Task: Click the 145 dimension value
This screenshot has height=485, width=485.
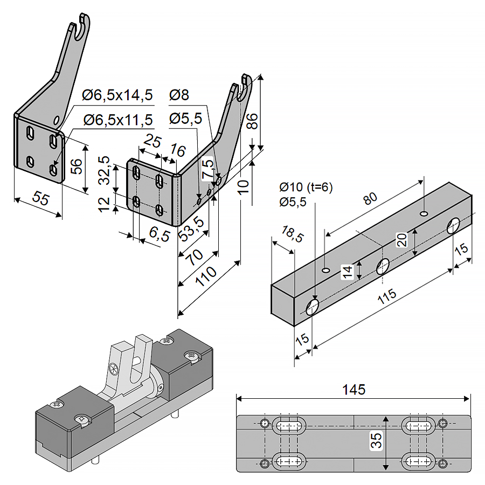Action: coord(354,389)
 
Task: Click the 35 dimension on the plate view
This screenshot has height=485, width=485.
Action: coord(378,441)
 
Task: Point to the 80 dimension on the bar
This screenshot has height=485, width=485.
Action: coord(370,199)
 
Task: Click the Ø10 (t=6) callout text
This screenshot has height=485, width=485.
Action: coord(306,188)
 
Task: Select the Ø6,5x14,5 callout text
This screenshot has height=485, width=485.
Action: coord(117,96)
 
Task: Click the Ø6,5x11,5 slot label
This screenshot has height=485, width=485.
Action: coord(117,120)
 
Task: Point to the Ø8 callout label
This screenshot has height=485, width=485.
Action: coord(179,95)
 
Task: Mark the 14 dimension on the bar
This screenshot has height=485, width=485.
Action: coord(349,271)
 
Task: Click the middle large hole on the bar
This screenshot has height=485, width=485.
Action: coord(383,265)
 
